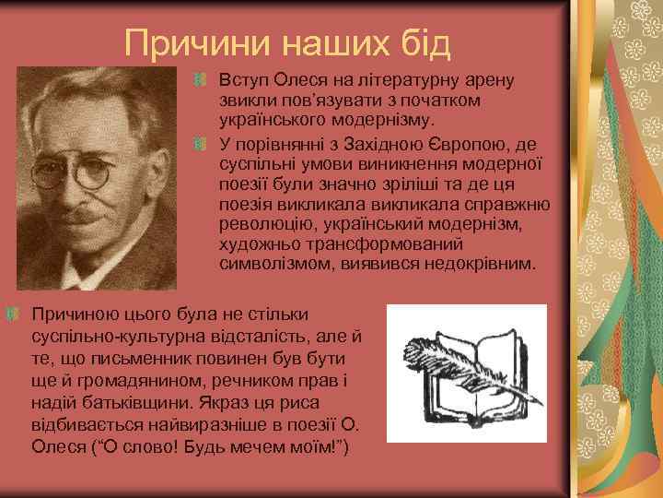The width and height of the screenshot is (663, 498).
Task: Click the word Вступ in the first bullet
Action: click(x=241, y=79)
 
